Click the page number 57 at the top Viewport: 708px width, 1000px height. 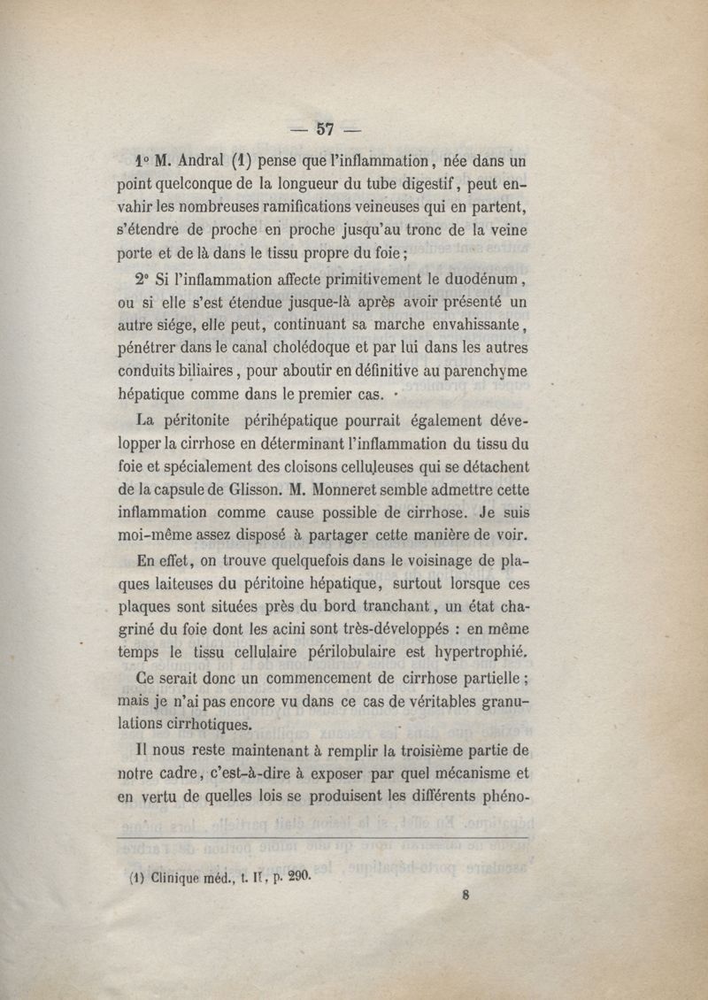click(324, 129)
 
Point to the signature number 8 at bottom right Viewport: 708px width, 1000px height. click(465, 894)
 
